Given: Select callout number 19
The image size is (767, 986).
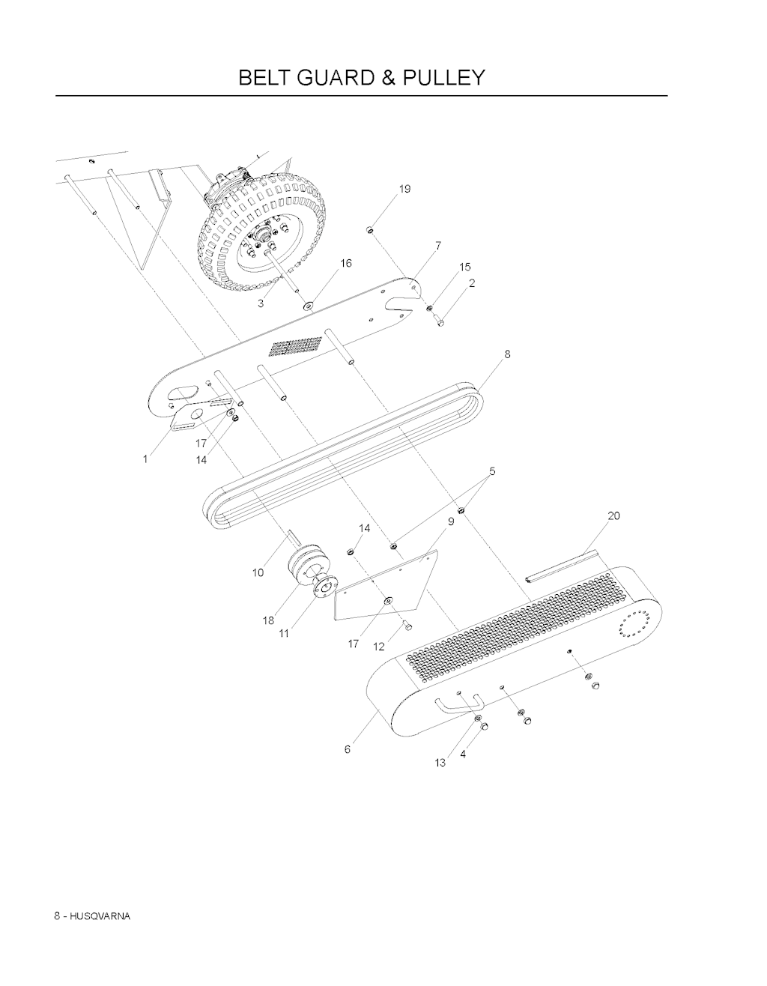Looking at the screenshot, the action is click(404, 189).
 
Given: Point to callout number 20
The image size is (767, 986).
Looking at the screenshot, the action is click(613, 516).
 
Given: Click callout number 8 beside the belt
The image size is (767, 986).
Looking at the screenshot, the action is click(507, 354).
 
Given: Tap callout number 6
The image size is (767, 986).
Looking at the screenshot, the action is click(348, 749).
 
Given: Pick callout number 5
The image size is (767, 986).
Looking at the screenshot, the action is click(492, 471).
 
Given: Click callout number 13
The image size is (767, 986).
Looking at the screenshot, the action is click(440, 763).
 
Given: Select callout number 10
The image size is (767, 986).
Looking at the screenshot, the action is click(258, 572).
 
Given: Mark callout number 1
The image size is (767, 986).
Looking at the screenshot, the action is click(145, 459).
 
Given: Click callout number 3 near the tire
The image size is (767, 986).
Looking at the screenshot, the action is click(261, 303).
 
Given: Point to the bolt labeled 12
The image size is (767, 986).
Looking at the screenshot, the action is click(407, 626).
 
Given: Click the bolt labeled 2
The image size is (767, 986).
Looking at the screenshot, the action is click(440, 321).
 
